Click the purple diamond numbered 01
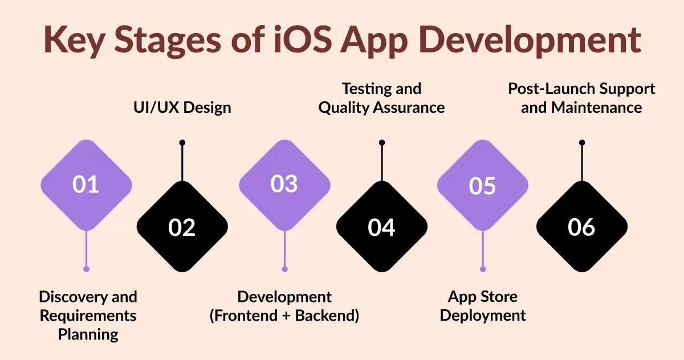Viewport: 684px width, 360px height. click(86, 185)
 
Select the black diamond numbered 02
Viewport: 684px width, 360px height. click(182, 227)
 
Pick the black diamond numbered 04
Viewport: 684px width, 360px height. click(381, 227)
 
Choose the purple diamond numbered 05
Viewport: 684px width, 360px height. click(482, 185)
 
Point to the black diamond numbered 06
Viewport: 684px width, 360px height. click(581, 227)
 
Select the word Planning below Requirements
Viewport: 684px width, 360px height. click(88, 334)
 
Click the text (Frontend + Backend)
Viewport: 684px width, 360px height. click(284, 316)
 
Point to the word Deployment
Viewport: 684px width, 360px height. click(483, 316)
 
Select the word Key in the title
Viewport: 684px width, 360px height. click(76, 39)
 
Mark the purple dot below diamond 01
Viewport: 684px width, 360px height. click(86, 269)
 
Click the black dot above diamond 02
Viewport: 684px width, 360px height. click(182, 142)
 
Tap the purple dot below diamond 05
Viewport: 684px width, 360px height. click(483, 269)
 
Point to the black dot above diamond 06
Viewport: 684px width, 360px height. click(581, 142)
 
